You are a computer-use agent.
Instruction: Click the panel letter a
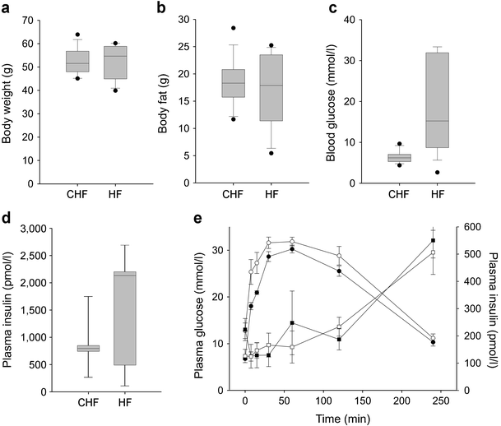coord(7,8)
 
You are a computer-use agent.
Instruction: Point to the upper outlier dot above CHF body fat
coord(233,28)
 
